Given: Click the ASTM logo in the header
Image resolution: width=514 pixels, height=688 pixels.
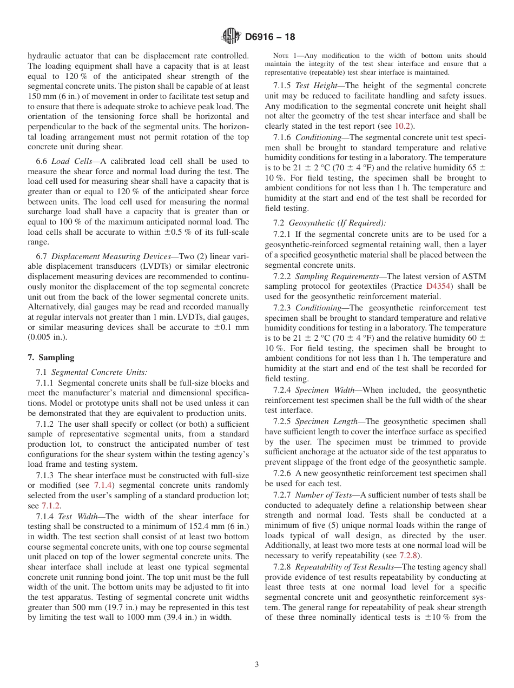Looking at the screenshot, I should [x=231, y=37].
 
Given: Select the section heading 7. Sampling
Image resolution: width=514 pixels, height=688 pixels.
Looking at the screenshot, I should [x=51, y=358].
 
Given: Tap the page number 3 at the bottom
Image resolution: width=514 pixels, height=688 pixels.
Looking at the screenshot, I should [x=257, y=665].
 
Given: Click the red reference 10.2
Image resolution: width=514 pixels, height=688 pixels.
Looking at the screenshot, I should [x=404, y=126].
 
